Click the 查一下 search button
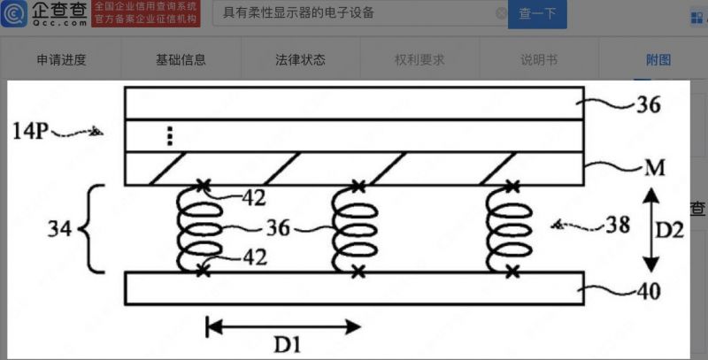tap(537, 13)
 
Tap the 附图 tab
tap(658, 60)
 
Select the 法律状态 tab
tap(300, 60)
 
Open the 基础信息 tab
tap(181, 60)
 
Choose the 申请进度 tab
tap(61, 60)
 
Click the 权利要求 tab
tap(419, 60)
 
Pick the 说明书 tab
tap(538, 60)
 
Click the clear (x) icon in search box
tap(501, 13)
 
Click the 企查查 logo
tap(42, 13)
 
